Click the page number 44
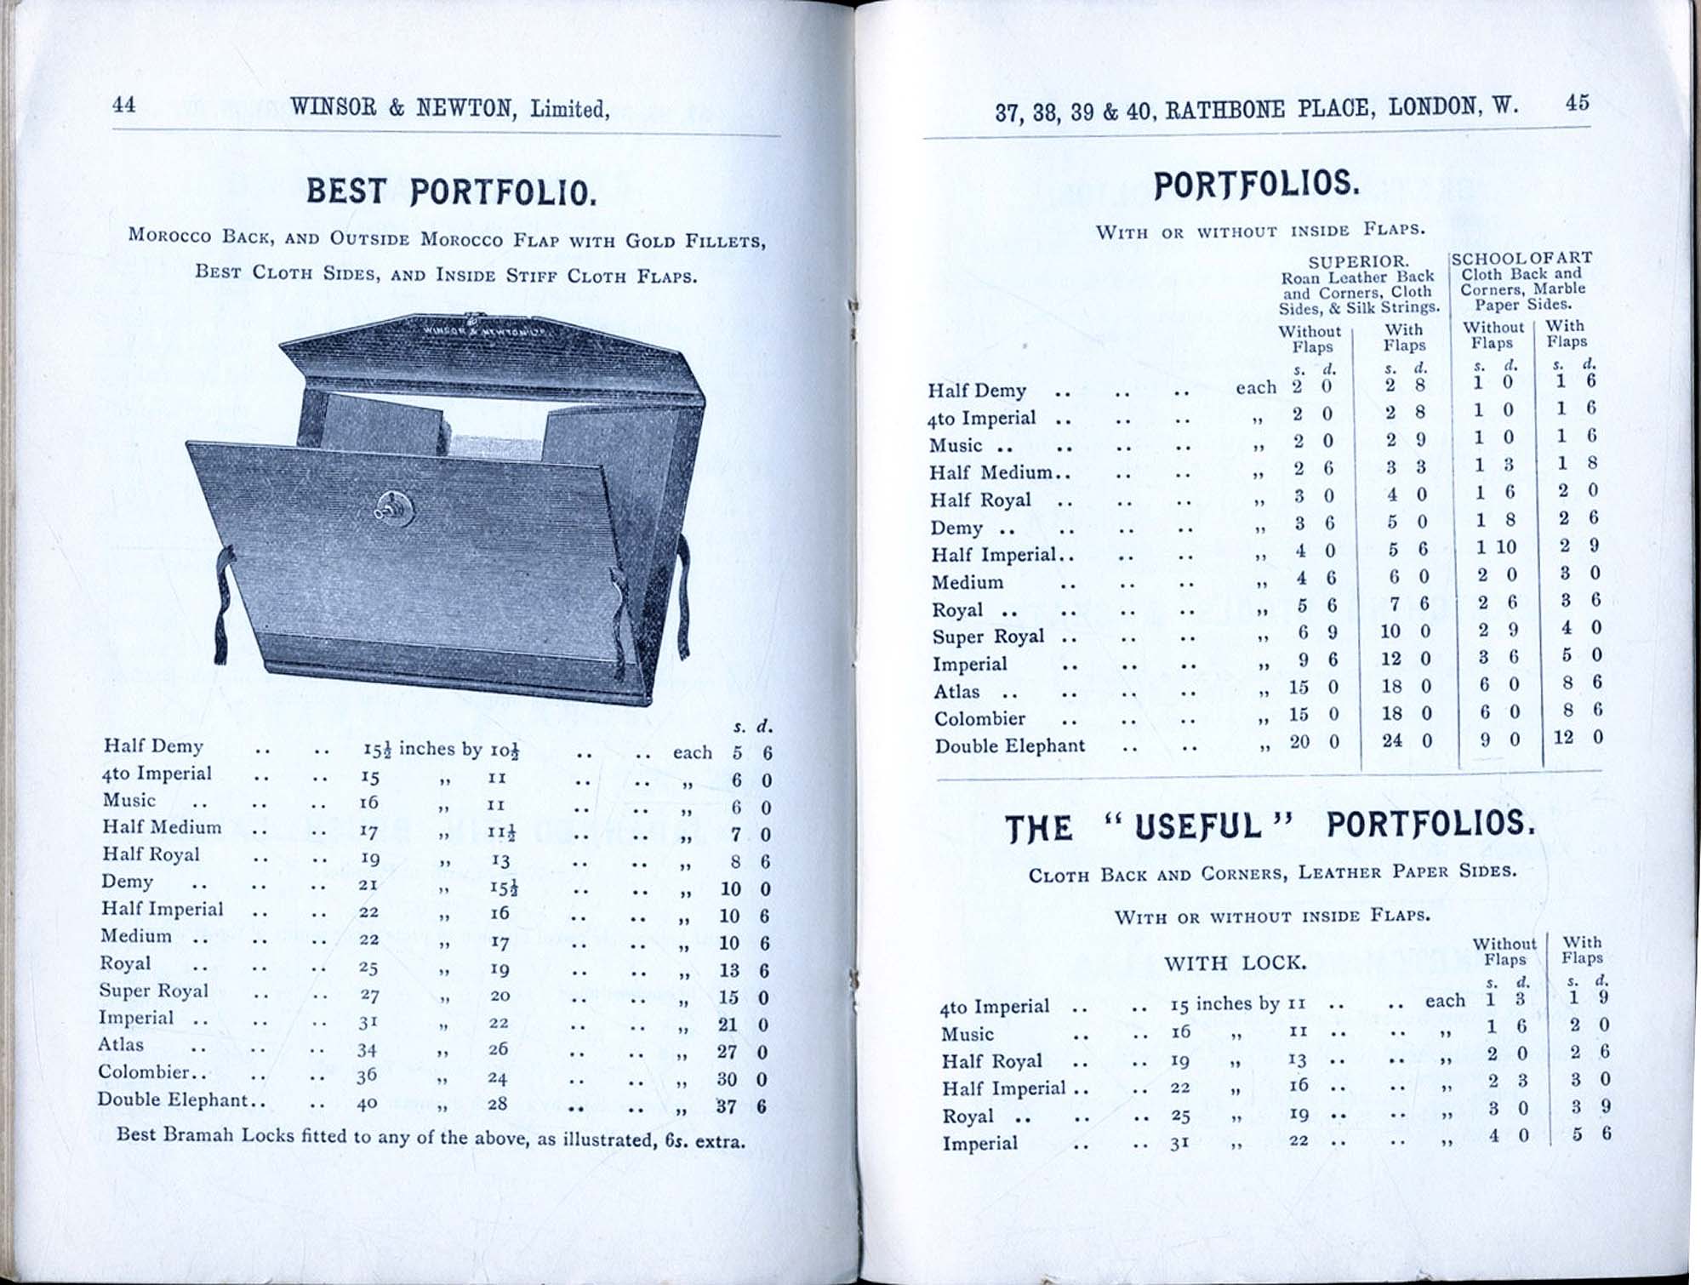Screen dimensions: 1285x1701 click(123, 105)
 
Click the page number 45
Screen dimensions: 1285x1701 click(1576, 103)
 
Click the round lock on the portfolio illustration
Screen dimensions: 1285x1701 click(395, 508)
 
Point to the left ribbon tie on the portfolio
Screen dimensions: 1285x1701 click(224, 604)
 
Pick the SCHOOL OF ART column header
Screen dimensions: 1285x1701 click(1521, 258)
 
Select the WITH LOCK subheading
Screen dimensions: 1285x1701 click(1234, 962)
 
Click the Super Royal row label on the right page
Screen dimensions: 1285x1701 click(987, 637)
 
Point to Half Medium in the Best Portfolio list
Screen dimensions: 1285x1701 click(162, 827)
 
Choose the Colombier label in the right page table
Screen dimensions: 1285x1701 click(979, 719)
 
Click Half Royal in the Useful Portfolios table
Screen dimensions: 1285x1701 click(991, 1061)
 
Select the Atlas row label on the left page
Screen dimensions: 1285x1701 click(121, 1044)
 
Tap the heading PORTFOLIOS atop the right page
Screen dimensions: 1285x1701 click(1256, 185)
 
